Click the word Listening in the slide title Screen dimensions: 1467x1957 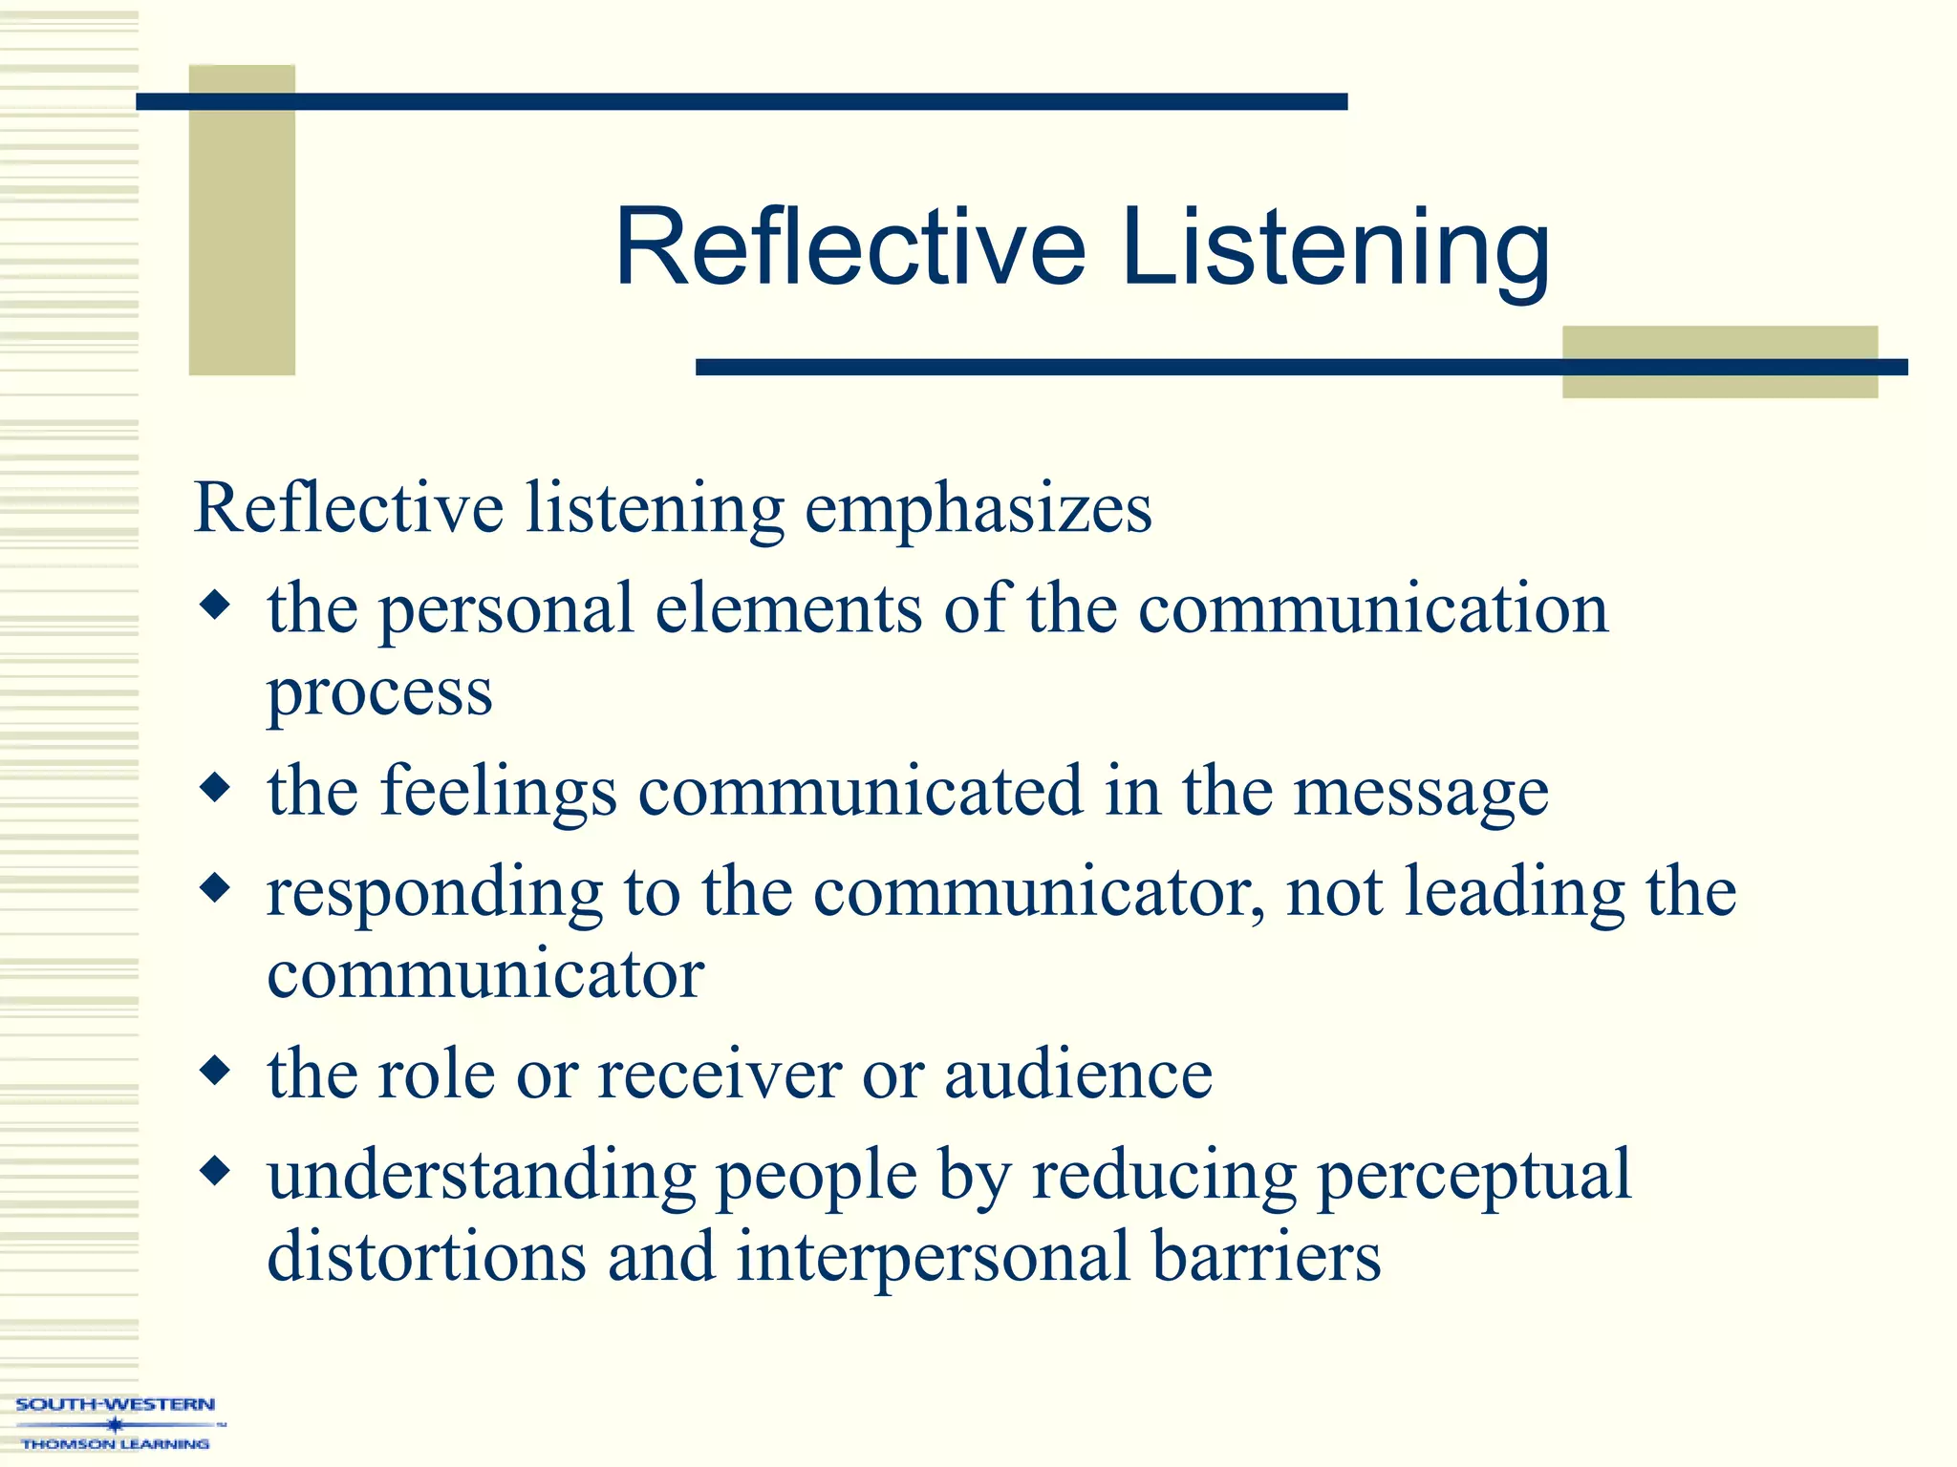[x=1335, y=248]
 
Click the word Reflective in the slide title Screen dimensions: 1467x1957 [x=850, y=248]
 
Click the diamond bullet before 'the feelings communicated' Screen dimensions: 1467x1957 [x=216, y=788]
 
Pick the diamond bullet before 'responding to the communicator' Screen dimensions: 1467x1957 [x=216, y=888]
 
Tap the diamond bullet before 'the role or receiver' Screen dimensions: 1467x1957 [x=216, y=1071]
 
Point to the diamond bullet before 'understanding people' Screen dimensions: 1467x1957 [x=216, y=1170]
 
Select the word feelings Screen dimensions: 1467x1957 [x=499, y=793]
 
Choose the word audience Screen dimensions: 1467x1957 [x=1078, y=1074]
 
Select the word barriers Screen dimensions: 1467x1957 [x=1266, y=1256]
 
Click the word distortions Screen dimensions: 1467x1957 [x=426, y=1256]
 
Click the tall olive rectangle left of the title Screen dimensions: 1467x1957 [x=242, y=220]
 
